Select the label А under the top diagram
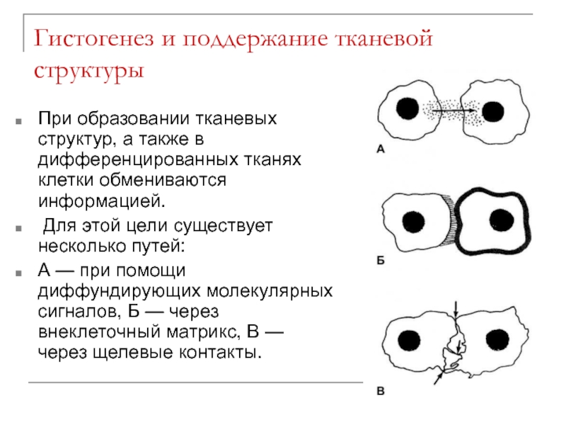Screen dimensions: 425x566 [380, 149]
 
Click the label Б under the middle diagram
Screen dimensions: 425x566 [380, 261]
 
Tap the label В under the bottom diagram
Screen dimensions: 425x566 [380, 388]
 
